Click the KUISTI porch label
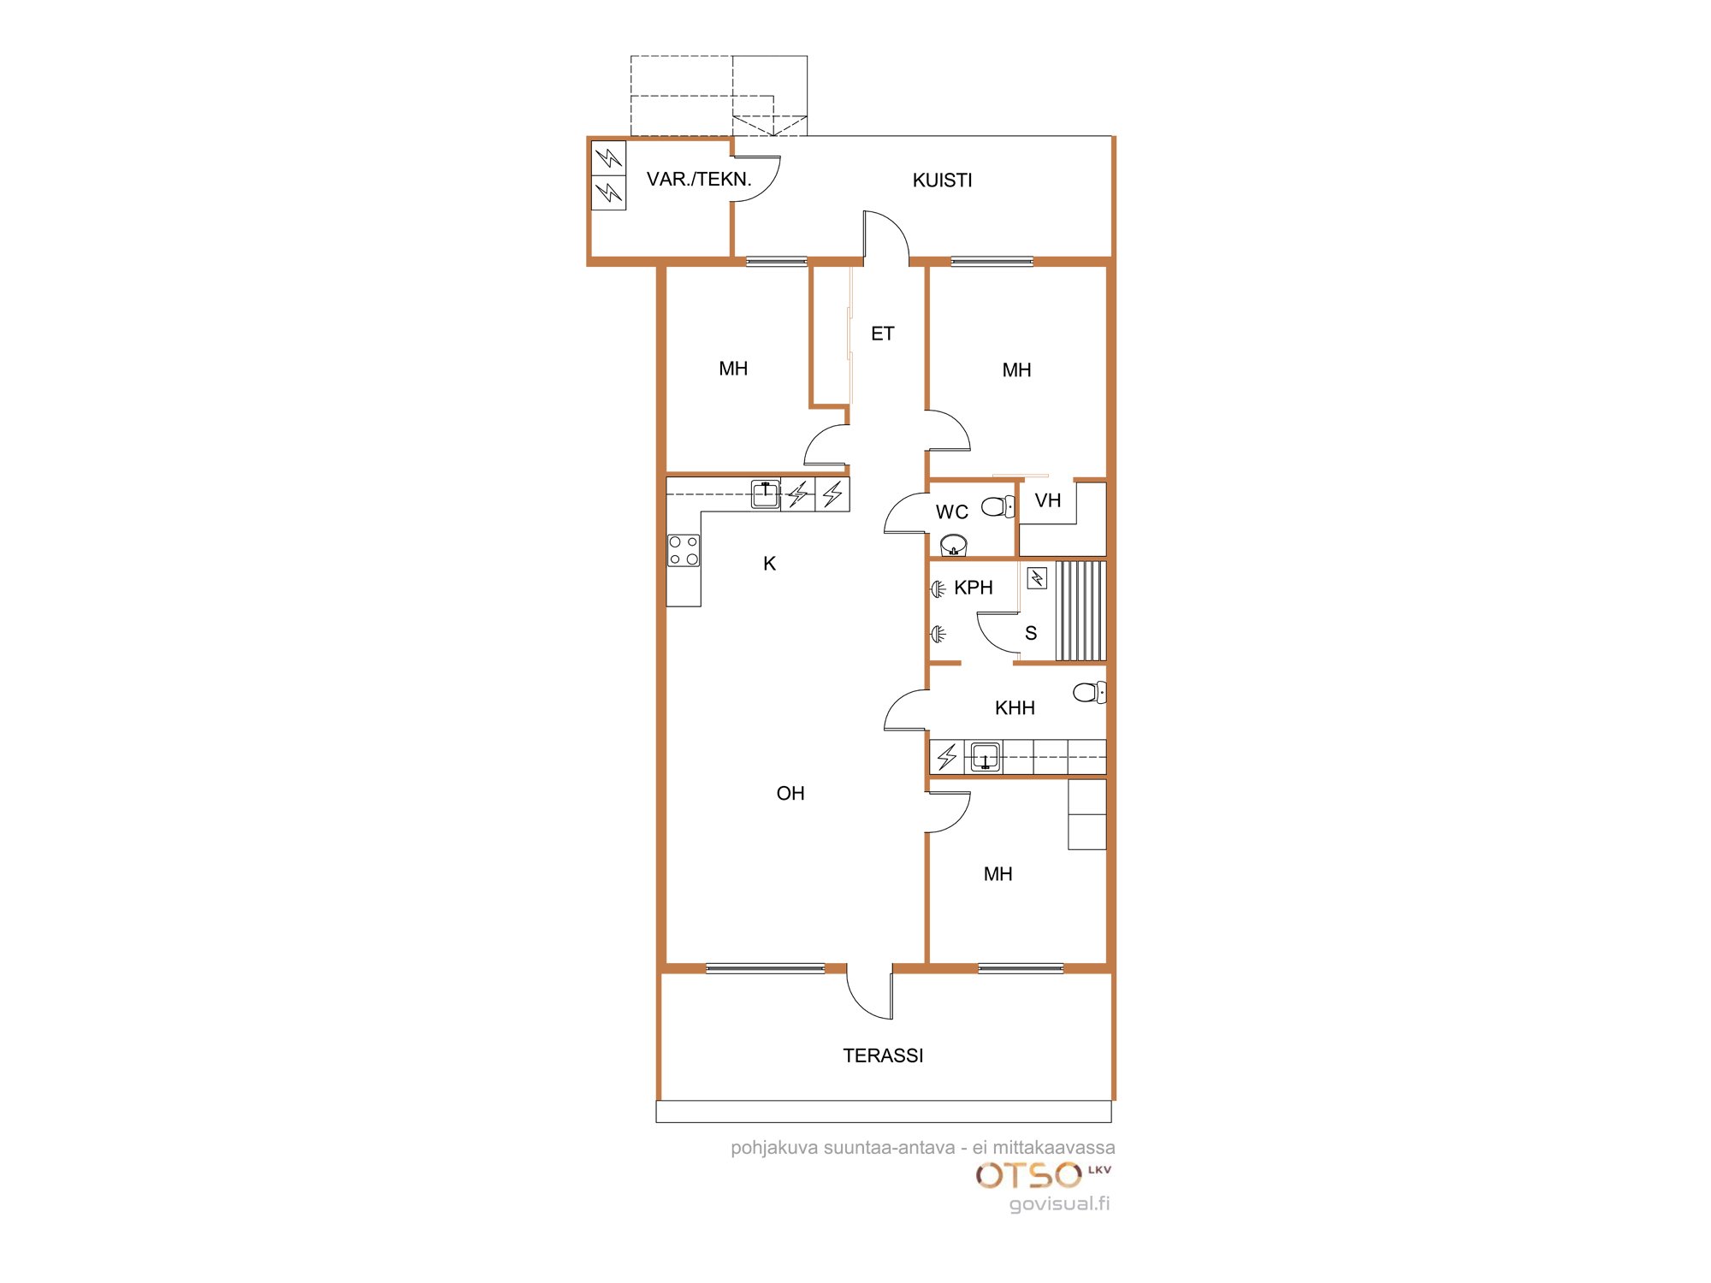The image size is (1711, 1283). pos(942,180)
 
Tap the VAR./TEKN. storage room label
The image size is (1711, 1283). pos(699,180)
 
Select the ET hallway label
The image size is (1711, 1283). pos(882,334)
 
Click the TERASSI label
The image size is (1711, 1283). pos(883,1055)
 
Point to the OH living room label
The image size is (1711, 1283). pos(790,794)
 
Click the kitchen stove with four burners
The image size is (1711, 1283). pos(684,550)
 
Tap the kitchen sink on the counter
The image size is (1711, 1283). pos(765,494)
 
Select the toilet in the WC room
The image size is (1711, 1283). pos(998,506)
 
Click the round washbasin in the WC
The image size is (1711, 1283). pos(953,545)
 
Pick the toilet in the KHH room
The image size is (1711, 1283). pos(1089,692)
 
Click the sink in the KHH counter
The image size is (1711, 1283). pos(985,757)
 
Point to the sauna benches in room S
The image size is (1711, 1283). pos(1080,611)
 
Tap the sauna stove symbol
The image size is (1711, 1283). pos(1037,579)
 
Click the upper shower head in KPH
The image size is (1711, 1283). pos(938,588)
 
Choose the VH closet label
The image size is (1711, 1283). pos(1047,500)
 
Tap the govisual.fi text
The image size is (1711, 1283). pos(1059,1203)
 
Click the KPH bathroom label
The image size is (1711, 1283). pos(973,588)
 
